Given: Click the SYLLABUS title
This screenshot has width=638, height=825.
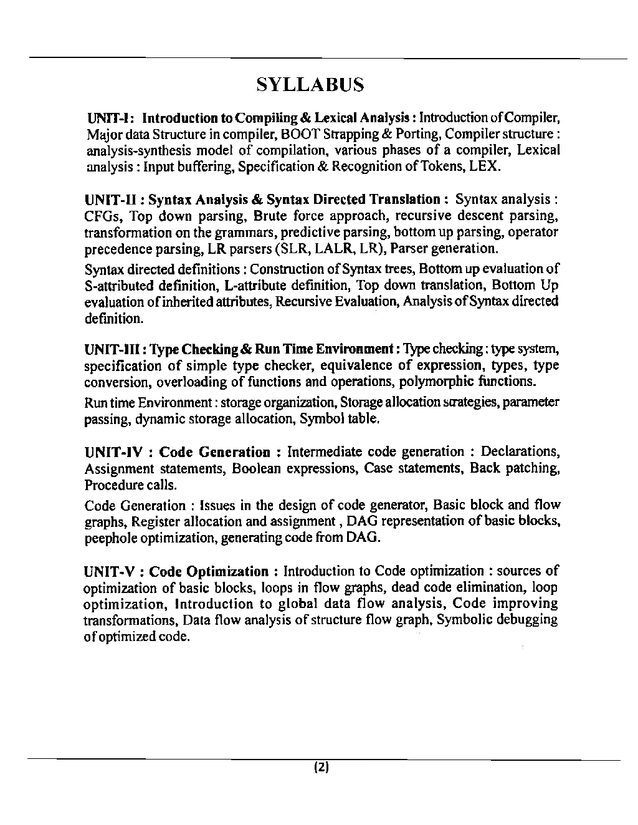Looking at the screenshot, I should click(x=310, y=84).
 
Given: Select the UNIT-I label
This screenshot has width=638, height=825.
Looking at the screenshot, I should click(x=108, y=118).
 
